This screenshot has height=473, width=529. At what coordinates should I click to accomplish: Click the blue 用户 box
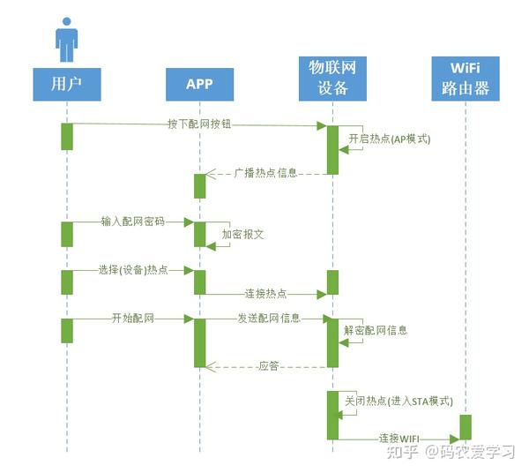[x=66, y=84]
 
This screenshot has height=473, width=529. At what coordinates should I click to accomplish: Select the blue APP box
[x=199, y=84]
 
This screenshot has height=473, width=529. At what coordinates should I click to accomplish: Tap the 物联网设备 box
[x=332, y=77]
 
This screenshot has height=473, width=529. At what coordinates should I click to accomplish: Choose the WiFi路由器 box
[x=465, y=77]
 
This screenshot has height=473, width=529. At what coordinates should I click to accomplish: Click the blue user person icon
[x=66, y=39]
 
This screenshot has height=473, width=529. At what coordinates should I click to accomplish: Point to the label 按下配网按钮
[x=199, y=125]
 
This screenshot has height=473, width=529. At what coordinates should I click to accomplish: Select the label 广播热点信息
[x=264, y=173]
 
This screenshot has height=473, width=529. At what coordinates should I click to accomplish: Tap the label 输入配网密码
[x=132, y=221]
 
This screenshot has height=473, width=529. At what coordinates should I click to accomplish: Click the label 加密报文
[x=243, y=236]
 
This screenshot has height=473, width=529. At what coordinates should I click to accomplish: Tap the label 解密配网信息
[x=376, y=331]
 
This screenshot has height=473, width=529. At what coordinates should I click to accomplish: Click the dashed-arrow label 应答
[x=269, y=365]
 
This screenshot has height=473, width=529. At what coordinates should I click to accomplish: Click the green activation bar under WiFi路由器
[x=465, y=426]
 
